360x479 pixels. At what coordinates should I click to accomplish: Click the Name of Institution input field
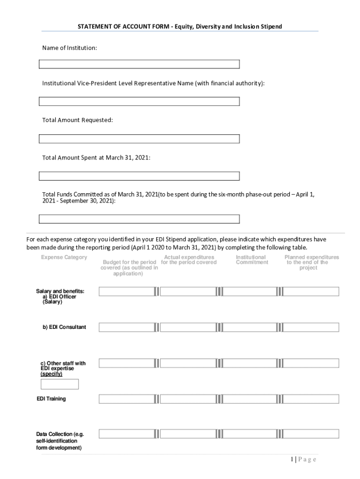(139, 64)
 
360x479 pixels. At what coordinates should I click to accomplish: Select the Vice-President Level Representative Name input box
(139, 102)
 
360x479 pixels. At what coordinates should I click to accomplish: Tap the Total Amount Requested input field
(139, 139)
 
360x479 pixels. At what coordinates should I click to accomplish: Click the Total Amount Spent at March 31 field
(139, 176)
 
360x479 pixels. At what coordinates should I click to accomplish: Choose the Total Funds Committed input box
(139, 219)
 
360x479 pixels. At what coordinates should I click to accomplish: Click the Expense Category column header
(64, 257)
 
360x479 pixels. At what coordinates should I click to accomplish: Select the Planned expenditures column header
(311, 262)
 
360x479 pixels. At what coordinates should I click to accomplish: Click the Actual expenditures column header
(189, 260)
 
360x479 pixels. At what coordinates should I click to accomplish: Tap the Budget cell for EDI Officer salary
(126, 291)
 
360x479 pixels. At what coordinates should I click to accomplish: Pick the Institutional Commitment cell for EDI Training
(250, 399)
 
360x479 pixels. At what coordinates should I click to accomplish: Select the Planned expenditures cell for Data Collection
(311, 434)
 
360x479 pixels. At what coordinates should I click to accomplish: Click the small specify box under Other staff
(60, 384)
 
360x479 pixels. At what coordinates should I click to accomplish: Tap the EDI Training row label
(51, 399)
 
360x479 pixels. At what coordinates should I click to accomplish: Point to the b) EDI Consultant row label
(65, 327)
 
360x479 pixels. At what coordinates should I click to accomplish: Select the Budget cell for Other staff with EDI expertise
(126, 363)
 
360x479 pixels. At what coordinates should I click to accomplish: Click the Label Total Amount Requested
(78, 120)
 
